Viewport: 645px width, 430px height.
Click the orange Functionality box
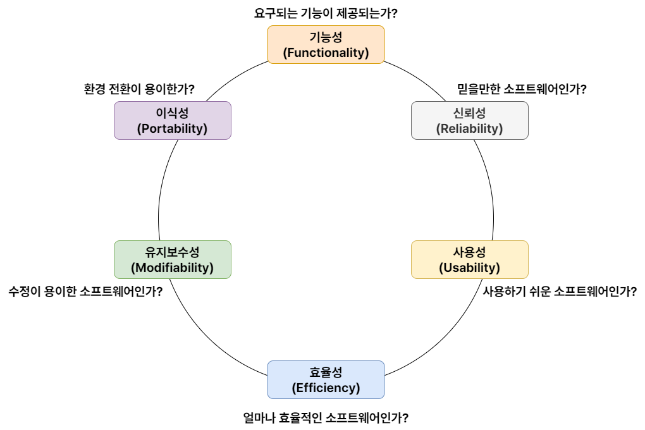[x=326, y=44]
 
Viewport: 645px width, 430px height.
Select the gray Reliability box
[x=469, y=120]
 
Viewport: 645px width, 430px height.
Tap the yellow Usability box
[x=469, y=259]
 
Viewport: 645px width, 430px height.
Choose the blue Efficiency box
[x=326, y=379]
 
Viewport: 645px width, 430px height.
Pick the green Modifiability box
[x=172, y=259]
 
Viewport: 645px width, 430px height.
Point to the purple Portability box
[x=172, y=120]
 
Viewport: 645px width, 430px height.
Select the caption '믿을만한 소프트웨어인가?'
[x=522, y=89]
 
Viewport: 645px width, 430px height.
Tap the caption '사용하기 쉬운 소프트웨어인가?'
[x=560, y=292]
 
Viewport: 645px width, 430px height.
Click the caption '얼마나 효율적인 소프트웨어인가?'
[x=326, y=418]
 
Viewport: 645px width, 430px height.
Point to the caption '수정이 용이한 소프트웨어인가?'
[x=85, y=292]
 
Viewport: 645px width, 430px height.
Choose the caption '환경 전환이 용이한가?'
[x=138, y=89]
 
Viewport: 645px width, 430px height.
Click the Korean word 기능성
[x=326, y=37]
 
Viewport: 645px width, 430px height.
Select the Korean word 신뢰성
[x=469, y=113]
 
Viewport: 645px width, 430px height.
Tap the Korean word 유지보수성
[x=172, y=252]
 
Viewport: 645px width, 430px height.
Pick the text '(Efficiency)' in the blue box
[x=326, y=388]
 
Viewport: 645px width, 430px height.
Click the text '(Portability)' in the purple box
[x=172, y=128]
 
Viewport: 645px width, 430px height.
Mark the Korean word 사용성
[x=469, y=252]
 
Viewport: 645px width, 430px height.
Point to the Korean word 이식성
[x=172, y=113]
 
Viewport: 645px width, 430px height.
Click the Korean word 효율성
[x=326, y=372]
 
